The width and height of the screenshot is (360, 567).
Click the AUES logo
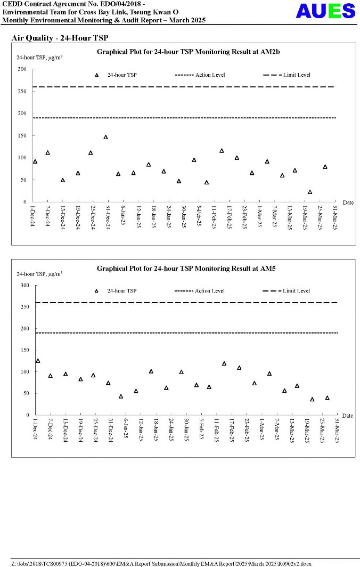point(325,11)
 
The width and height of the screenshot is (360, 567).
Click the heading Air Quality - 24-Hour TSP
point(60,38)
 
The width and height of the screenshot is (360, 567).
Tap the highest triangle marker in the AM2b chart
point(105,137)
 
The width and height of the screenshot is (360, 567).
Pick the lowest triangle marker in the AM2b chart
point(310,192)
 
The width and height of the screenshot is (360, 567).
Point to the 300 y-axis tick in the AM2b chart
point(21,69)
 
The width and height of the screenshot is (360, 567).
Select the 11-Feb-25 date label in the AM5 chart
point(217,431)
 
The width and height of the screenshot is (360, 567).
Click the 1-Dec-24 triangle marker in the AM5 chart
point(38,361)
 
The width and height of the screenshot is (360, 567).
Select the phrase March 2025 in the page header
point(189,20)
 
